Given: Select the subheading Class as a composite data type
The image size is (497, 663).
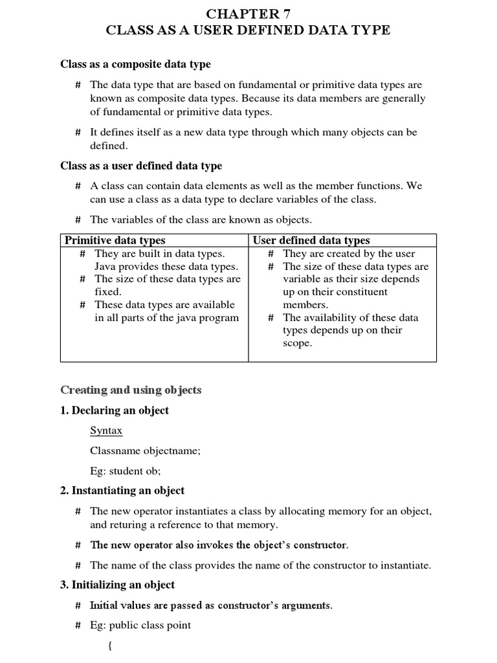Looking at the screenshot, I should (135, 64).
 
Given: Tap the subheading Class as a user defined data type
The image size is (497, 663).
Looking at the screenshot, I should (141, 166).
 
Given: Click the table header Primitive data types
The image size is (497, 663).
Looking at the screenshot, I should (115, 240).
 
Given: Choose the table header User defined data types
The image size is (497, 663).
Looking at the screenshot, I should (311, 240).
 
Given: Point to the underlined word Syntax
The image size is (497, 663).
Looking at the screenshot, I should (106, 431).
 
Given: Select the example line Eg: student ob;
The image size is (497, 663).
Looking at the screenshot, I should (125, 471).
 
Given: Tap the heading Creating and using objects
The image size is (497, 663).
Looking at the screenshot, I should (131, 390).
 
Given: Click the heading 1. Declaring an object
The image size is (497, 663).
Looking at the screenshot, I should (115, 410).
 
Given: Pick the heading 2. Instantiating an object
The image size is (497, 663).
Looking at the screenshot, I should (122, 491).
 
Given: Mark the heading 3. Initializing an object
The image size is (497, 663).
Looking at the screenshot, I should (117, 585).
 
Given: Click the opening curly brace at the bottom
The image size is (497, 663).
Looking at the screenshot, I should (109, 646).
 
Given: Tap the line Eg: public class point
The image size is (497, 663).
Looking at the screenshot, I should (140, 625).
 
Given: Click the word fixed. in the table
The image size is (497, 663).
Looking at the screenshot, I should (108, 292).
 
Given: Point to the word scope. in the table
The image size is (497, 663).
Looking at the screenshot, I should (298, 343).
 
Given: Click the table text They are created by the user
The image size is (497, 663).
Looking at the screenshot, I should (349, 254).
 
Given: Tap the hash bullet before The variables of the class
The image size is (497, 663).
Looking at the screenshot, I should (78, 219).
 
